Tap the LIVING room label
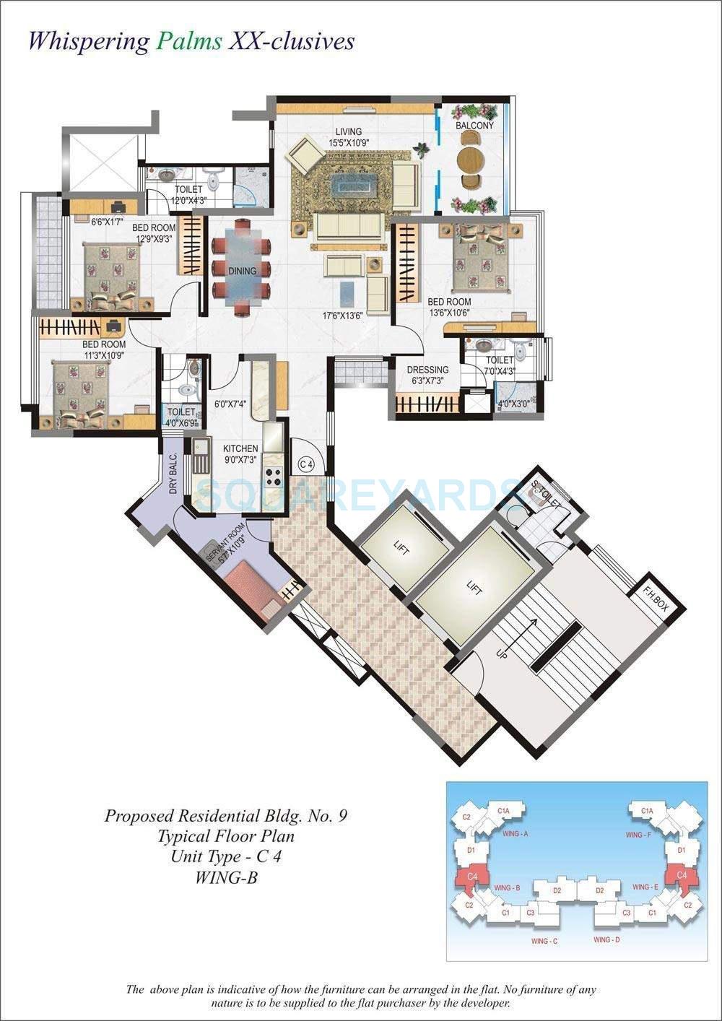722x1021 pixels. pyautogui.click(x=347, y=132)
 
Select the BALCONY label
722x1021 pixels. pyautogui.click(x=474, y=126)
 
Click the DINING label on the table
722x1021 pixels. pyautogui.click(x=242, y=271)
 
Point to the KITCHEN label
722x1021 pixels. pyautogui.click(x=240, y=448)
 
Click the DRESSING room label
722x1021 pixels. pyautogui.click(x=429, y=370)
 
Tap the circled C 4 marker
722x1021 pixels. pyautogui.click(x=306, y=463)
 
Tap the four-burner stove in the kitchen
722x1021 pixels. pyautogui.click(x=274, y=476)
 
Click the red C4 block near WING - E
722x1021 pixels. pyautogui.click(x=677, y=875)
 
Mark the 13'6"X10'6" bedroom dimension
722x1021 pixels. pyautogui.click(x=449, y=312)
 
